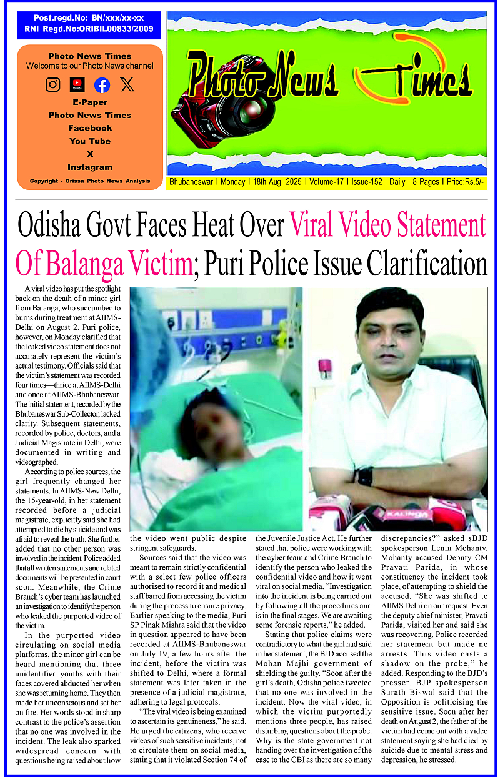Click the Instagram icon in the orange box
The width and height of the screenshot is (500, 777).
[53, 85]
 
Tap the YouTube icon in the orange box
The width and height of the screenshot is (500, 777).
[77, 84]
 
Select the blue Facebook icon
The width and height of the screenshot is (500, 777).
[102, 85]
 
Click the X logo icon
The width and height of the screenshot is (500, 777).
[127, 85]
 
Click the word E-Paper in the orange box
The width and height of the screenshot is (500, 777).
[90, 102]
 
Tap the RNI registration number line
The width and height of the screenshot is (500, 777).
[89, 29]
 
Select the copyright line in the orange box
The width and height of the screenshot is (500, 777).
[90, 181]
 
